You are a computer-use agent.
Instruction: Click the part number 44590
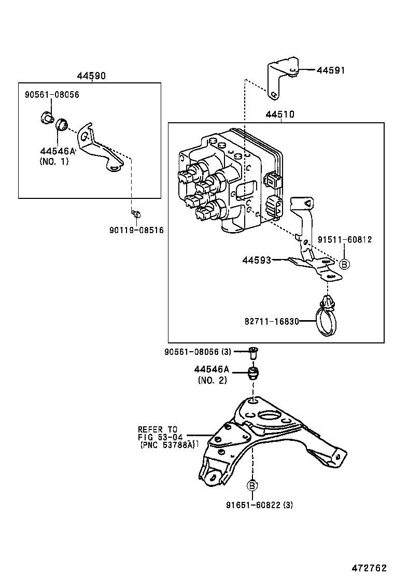(91, 76)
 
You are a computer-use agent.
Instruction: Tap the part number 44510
(280, 114)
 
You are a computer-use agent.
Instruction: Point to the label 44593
(257, 260)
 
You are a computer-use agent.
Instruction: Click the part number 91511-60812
(345, 239)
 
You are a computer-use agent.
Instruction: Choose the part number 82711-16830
(272, 321)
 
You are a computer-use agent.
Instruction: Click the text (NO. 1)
(54, 161)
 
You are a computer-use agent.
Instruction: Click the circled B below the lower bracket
(252, 485)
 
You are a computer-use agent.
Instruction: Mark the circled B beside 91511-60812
(344, 264)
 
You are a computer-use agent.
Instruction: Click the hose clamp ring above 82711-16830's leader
(326, 323)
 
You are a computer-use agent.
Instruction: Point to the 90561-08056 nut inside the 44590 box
(46, 118)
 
